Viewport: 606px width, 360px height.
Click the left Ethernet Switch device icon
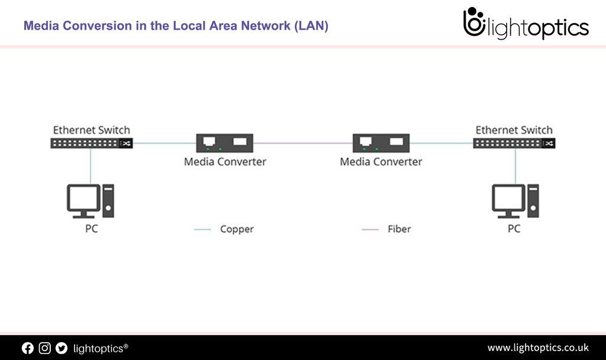tap(91, 143)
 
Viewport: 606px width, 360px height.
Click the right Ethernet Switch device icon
tap(514, 143)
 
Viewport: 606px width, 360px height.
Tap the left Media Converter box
tap(224, 143)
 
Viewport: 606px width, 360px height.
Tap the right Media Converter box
tap(381, 143)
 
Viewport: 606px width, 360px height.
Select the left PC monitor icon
tap(83, 200)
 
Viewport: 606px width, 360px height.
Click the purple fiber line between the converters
tap(303, 143)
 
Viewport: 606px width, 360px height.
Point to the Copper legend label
tap(237, 229)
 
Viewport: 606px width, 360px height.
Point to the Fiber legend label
tap(399, 229)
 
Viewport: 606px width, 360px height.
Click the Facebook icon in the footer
tap(28, 348)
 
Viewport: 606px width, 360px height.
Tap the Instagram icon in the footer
tap(44, 348)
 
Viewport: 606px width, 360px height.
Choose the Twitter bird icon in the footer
tap(62, 348)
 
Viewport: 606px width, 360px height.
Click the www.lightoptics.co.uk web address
tap(537, 348)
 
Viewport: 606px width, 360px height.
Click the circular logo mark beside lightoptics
tap(473, 24)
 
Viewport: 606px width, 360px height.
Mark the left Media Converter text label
tap(225, 162)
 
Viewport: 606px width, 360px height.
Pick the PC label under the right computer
tap(514, 229)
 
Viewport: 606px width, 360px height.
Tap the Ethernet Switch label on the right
tap(514, 130)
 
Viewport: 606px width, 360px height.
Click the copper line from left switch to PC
tap(91, 166)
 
